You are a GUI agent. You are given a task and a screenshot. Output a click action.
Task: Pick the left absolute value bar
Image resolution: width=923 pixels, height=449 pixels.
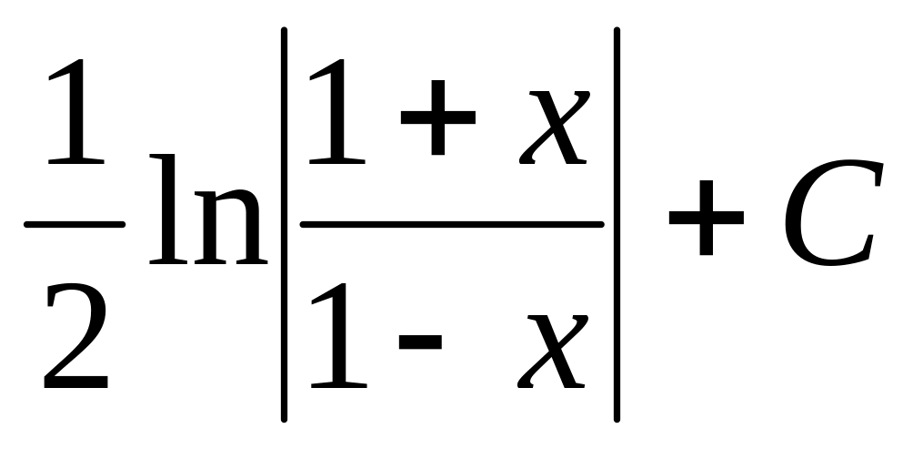pyautogui.click(x=285, y=224)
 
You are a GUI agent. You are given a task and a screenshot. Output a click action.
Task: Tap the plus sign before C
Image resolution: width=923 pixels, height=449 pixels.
pyautogui.click(x=706, y=224)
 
